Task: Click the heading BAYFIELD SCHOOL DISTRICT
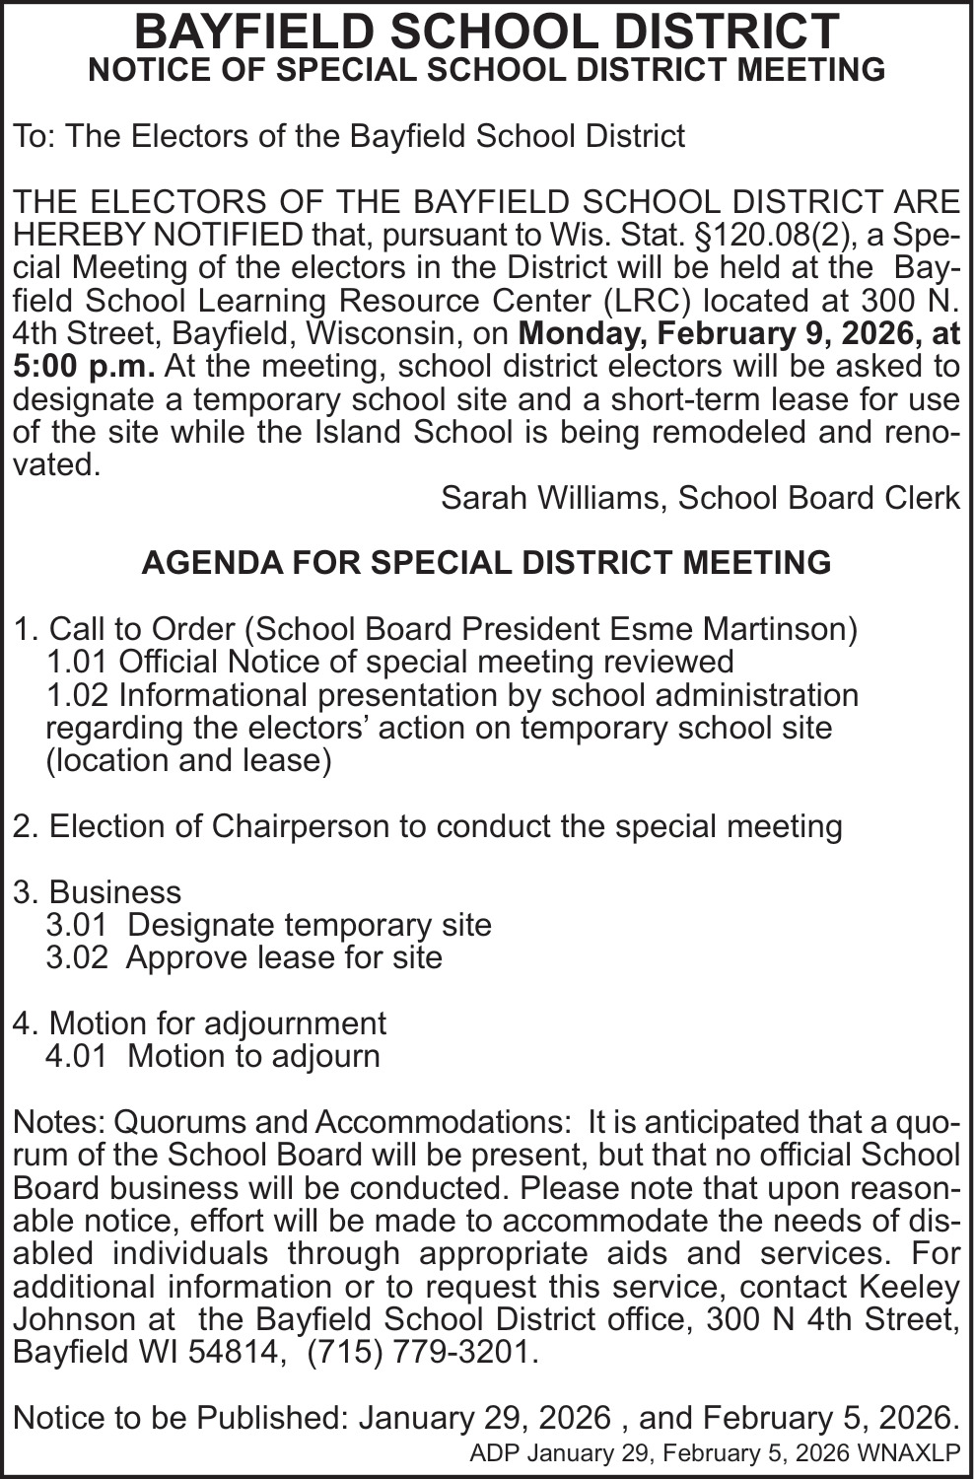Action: click(486, 32)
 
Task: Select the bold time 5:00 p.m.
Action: click(84, 367)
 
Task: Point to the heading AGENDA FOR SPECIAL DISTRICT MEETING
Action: click(486, 563)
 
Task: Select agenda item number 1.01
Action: click(78, 662)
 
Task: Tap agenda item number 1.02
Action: click(78, 695)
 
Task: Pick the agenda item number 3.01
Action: click(77, 925)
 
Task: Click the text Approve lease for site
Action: click(284, 957)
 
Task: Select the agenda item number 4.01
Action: click(77, 1056)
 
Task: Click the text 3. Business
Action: click(98, 892)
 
